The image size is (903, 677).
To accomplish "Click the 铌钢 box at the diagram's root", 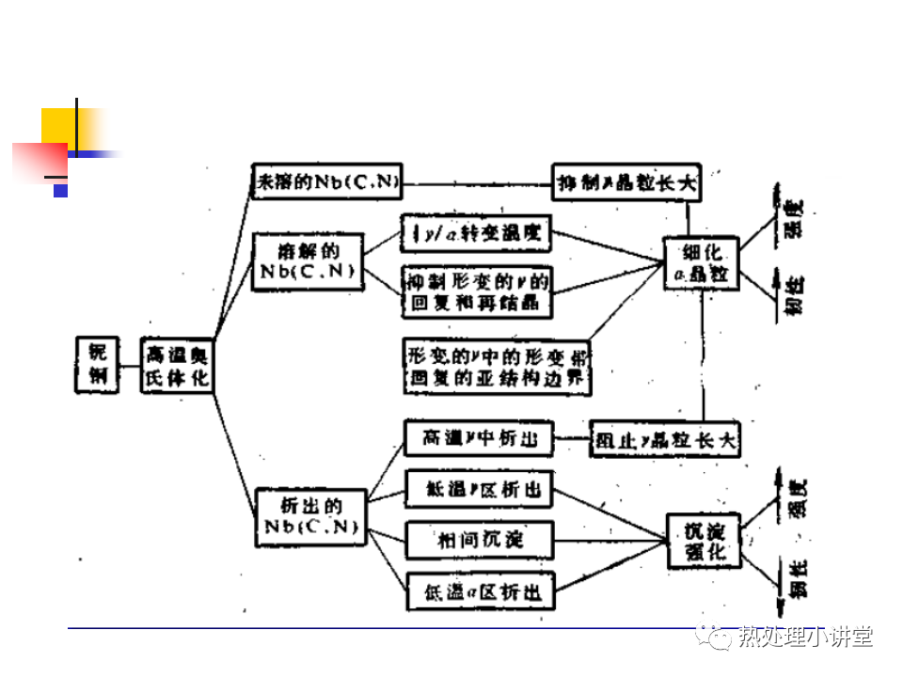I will point(97,365).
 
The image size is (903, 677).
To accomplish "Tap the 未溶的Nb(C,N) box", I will point(326,181).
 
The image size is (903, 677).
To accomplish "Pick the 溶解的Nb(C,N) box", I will point(308,262).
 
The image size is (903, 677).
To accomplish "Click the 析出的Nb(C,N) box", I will point(309,516).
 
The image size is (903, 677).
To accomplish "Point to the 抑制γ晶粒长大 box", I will point(626,181).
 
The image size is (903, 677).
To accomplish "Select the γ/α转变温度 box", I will point(476,234).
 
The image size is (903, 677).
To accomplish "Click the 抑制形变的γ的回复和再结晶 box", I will point(476,292).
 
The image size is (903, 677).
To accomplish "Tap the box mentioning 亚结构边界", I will point(501,367).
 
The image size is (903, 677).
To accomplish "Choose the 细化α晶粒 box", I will point(702,263).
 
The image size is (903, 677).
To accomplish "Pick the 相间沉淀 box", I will point(479,540).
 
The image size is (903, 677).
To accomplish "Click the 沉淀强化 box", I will point(702,542).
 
